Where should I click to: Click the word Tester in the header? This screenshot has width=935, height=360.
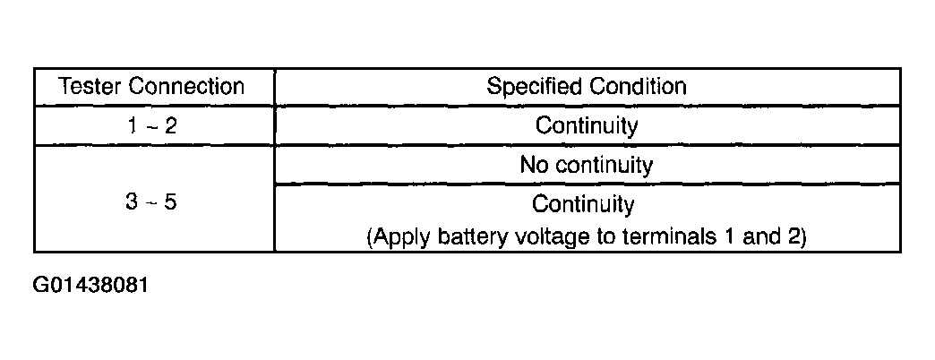90,87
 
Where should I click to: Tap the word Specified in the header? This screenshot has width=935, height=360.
535,87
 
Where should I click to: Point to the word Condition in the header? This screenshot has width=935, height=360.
638,87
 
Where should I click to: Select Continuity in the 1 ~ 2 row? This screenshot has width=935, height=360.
587,125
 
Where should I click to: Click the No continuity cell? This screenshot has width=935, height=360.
587,165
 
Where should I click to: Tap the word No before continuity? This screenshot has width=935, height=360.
532,165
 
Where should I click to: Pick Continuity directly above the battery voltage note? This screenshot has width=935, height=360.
583,204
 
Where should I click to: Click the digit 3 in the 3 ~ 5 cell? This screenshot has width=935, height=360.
131,203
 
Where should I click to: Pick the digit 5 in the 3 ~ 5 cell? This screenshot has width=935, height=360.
171,203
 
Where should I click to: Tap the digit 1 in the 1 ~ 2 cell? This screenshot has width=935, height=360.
132,125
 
